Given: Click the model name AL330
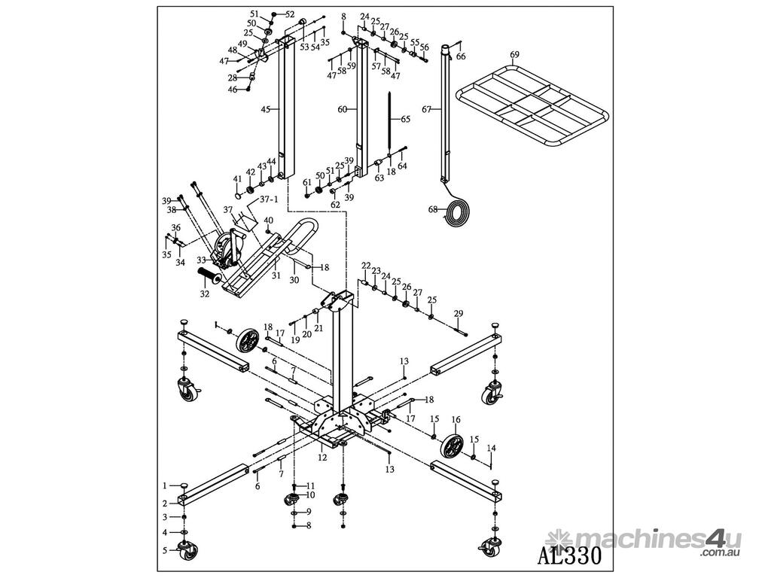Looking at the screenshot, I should [x=570, y=555].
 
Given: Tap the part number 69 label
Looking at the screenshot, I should [x=514, y=55].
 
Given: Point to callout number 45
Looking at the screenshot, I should [x=265, y=109].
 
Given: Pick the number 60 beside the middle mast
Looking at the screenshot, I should [x=342, y=109].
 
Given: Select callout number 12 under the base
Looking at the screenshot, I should [x=322, y=457].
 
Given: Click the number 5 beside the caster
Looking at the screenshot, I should [x=165, y=550].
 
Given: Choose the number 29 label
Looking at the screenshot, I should [x=459, y=313].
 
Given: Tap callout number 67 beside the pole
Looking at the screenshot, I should [x=426, y=109].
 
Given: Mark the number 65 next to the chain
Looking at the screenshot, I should [x=405, y=119].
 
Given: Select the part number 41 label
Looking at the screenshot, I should [x=237, y=179].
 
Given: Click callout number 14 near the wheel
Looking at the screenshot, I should [x=492, y=448].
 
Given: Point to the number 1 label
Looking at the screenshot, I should [x=165, y=485].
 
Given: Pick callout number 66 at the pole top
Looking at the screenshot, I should [x=461, y=56].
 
